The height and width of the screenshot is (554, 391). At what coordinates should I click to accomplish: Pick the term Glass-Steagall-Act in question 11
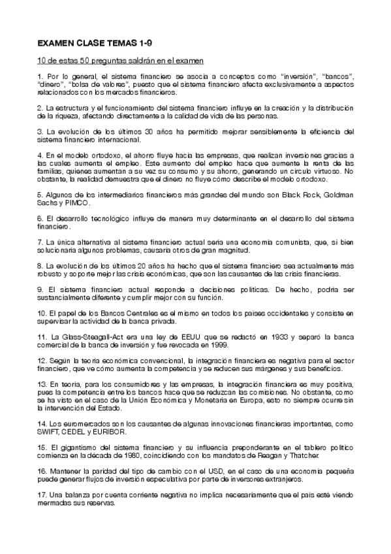click(x=85, y=336)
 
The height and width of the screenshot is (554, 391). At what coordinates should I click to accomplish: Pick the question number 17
click(x=42, y=495)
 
